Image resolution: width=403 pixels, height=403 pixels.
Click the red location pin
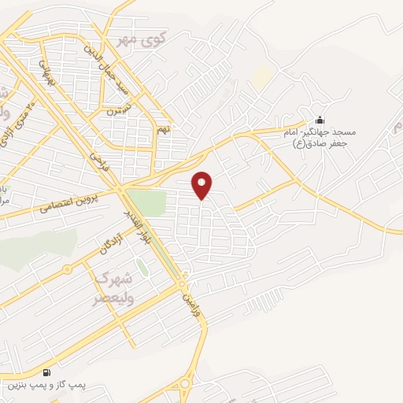tap(202, 185)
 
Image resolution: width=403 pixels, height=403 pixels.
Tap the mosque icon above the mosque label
tap(319, 120)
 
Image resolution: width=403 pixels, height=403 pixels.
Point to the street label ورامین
tap(192, 298)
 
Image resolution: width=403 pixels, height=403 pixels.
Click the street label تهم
tap(163, 128)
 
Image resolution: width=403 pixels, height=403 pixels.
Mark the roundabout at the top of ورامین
tap(183, 283)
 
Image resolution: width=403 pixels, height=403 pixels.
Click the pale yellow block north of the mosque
tap(262, 77)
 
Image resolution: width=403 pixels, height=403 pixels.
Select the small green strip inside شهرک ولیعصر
tap(142, 267)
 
